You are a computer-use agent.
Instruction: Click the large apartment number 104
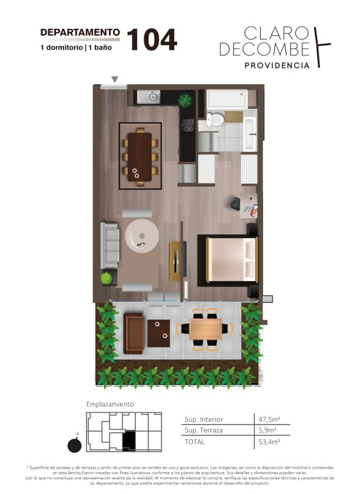coord(152,39)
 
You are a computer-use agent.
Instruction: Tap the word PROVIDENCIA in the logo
coord(277,65)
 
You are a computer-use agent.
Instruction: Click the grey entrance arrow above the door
coord(115,79)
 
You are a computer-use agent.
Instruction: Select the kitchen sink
coord(149,97)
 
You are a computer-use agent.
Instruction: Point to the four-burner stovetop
coord(188,125)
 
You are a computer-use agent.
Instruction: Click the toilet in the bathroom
coord(215,119)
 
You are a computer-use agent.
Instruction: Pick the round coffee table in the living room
coord(142,236)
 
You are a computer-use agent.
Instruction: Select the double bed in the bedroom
coord(231,259)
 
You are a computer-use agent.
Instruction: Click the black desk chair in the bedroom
coord(235,203)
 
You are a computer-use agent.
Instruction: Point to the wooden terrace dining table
coord(205,329)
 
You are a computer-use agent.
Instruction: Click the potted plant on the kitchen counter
coord(185,100)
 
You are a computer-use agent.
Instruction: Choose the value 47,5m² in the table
coord(269,419)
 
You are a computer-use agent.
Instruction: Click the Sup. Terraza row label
coord(204,430)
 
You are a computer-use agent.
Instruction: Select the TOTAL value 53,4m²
coord(269,442)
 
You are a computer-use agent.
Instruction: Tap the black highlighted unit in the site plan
coord(129,440)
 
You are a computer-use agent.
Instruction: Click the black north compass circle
coord(75,445)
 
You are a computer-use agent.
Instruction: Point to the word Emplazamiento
coord(110,405)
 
